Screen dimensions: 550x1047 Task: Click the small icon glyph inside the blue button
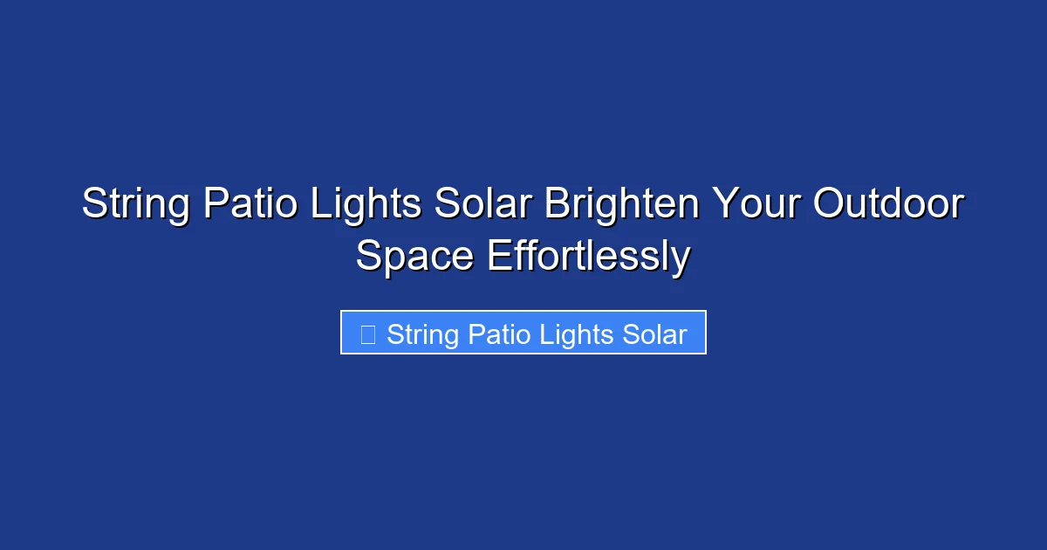click(x=368, y=334)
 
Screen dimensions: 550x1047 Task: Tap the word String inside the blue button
click(x=422, y=334)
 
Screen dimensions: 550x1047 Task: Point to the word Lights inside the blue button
click(x=575, y=334)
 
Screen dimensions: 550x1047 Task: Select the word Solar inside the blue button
click(x=654, y=334)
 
